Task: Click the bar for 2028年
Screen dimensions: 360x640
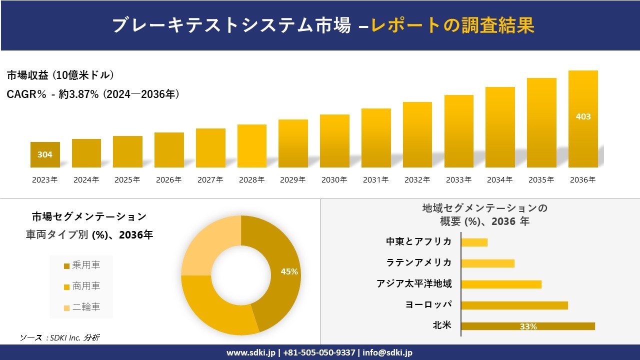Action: pyautogui.click(x=252, y=146)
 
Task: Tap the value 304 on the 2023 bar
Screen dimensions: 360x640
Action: pyautogui.click(x=45, y=154)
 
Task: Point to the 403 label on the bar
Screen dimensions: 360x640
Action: pyautogui.click(x=583, y=116)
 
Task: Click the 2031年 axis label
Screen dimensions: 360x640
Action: pyautogui.click(x=375, y=180)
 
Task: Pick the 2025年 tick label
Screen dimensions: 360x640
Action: pyautogui.click(x=127, y=180)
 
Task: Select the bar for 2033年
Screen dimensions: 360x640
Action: pyautogui.click(x=458, y=131)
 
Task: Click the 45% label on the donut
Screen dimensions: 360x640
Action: pyautogui.click(x=289, y=271)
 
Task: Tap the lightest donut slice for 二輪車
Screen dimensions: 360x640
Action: pyautogui.click(x=207, y=247)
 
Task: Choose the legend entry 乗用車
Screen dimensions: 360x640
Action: pyautogui.click(x=82, y=265)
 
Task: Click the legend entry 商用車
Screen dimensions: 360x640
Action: pyautogui.click(x=82, y=286)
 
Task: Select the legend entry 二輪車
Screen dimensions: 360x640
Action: pyautogui.click(x=82, y=307)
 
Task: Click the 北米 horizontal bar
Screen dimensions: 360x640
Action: pyautogui.click(x=528, y=326)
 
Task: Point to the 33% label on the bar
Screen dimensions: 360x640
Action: pyautogui.click(x=528, y=326)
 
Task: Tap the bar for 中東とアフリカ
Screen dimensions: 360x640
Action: pyautogui.click(x=474, y=242)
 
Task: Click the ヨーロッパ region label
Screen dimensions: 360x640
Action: pyautogui.click(x=429, y=304)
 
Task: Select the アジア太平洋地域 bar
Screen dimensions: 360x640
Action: pyautogui.click(x=501, y=284)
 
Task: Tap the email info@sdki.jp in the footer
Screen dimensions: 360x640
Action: pyautogui.click(x=387, y=352)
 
